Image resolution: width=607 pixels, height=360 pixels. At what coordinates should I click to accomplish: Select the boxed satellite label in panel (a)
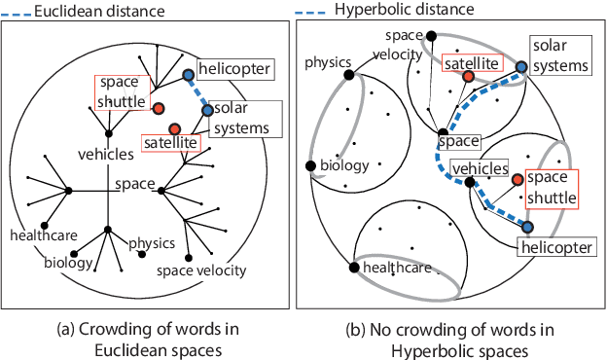(170, 144)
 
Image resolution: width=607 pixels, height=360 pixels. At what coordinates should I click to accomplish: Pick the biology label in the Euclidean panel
(67, 263)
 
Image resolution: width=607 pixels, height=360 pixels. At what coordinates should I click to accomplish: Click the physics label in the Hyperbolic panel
(328, 64)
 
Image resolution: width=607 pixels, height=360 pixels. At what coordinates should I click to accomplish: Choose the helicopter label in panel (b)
(554, 248)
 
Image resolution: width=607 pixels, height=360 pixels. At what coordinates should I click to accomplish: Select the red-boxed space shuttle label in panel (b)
(550, 189)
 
